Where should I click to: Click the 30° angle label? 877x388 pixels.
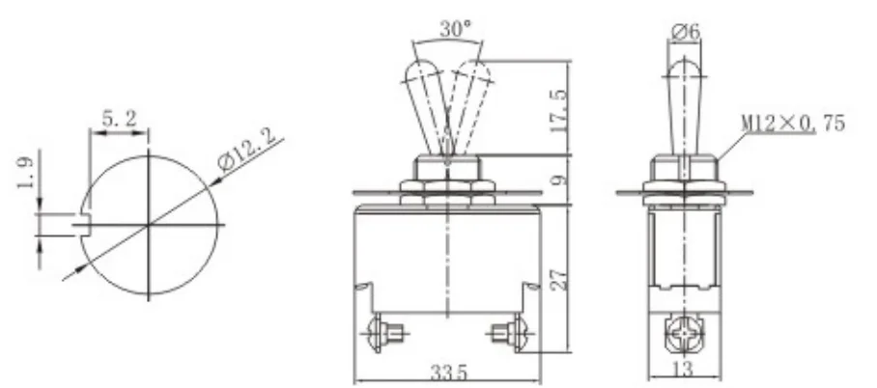458,28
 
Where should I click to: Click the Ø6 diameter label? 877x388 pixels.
685,31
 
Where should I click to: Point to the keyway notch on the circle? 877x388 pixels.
85,224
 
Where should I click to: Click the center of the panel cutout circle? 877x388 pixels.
149,225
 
